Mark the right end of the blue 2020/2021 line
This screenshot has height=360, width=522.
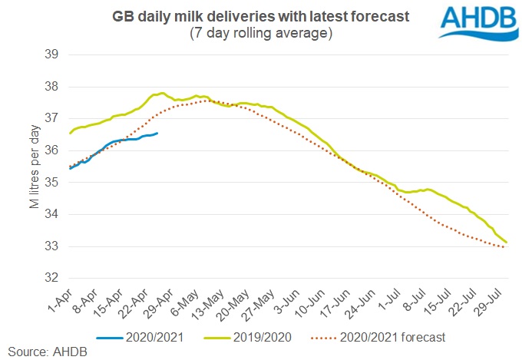pyautogui.click(x=157, y=133)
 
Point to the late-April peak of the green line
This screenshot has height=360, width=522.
pyautogui.click(x=162, y=93)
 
